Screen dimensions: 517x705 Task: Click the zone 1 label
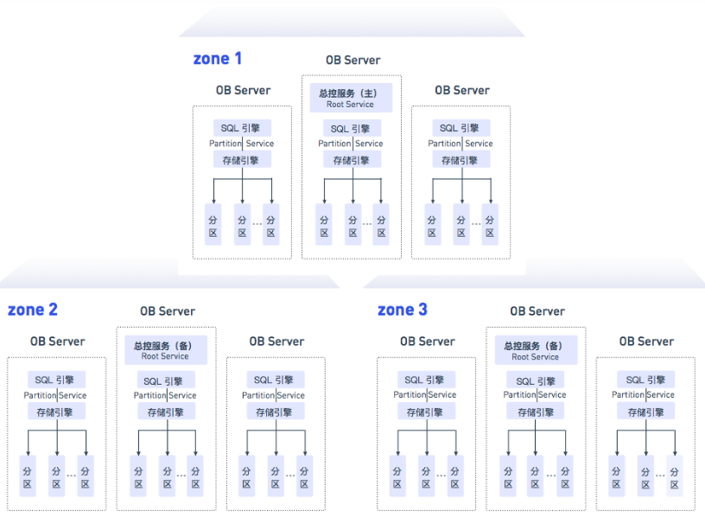(217, 59)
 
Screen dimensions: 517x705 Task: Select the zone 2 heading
(33, 310)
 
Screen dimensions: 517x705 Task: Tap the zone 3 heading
(403, 310)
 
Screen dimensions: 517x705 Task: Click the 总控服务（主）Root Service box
(350, 99)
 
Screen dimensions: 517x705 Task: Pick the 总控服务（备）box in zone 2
(166, 350)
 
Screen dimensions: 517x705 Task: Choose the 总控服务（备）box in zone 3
(536, 350)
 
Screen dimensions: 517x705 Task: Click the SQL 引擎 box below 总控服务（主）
(350, 129)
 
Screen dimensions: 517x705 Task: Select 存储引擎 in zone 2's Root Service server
(166, 412)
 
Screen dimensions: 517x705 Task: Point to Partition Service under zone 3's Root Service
(536, 395)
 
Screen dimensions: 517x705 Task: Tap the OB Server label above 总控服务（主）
(352, 61)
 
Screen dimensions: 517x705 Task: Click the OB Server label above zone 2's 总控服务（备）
(168, 311)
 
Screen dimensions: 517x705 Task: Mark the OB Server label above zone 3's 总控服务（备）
(537, 311)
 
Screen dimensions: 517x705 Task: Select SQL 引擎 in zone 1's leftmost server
(243, 127)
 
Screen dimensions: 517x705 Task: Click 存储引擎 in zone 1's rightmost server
(461, 160)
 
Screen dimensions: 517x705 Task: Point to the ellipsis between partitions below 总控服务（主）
(366, 223)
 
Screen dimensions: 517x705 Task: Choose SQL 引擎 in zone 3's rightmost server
(646, 380)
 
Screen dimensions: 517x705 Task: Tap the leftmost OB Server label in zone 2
(57, 341)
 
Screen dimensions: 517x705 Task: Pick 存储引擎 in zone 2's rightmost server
(276, 412)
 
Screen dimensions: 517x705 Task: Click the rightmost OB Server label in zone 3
(646, 341)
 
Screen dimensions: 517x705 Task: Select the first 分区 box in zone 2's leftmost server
(29, 477)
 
